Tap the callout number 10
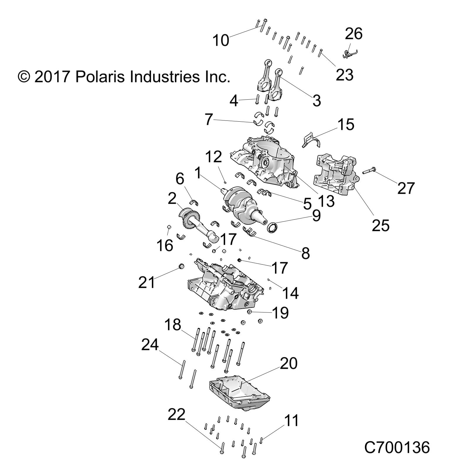pos(220,40)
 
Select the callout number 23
pos(344,75)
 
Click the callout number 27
pos(406,188)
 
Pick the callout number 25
pos(380,225)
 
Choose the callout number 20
pos(288,363)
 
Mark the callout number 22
pos(176,414)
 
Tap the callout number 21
pos(147,282)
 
